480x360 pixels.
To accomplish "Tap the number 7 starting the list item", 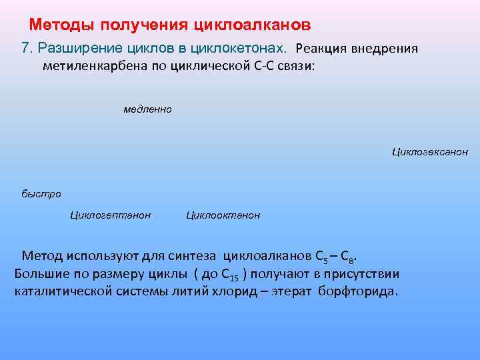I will [x=26, y=49].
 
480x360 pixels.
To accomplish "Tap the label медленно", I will [x=147, y=109].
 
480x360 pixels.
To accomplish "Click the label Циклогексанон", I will [x=430, y=152].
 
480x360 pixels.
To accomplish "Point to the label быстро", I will [x=41, y=194].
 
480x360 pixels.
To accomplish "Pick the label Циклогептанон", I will [x=110, y=215].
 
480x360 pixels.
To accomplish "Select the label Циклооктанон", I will [x=223, y=215].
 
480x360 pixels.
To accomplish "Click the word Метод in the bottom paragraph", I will [x=41, y=256].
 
